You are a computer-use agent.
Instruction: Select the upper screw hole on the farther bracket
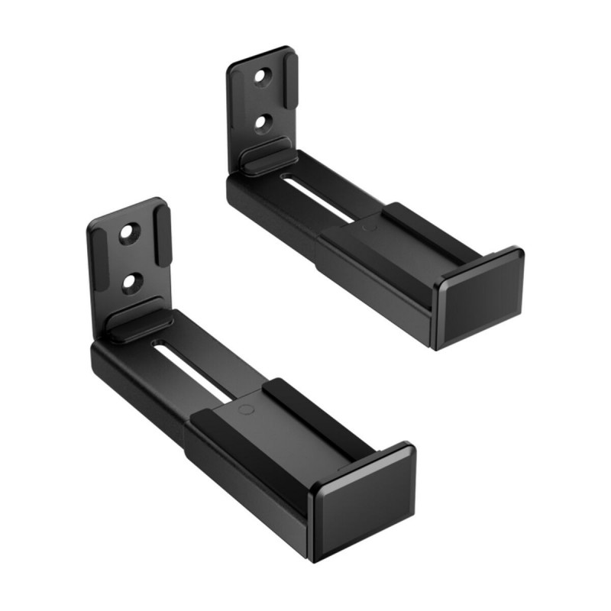[x=262, y=77]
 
